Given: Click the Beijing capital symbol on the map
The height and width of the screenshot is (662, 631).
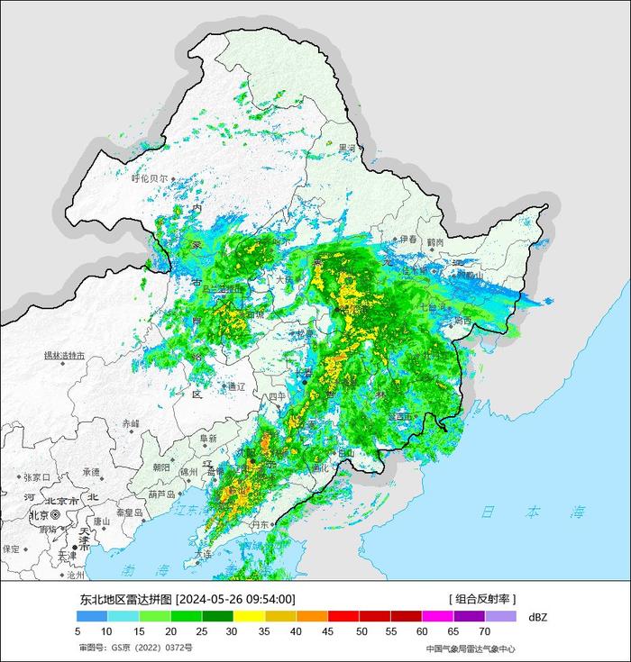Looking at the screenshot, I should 56,515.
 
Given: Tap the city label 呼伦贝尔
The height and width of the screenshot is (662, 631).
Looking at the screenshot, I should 150,178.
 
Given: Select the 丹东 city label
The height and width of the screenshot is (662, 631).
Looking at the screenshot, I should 261,524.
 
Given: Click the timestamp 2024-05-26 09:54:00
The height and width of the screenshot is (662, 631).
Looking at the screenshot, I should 235,599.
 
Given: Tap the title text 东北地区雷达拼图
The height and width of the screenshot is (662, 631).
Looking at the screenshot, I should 125,599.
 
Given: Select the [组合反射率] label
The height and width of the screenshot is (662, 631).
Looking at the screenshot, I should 482,599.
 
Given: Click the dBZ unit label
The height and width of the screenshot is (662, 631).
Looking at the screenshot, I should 537,617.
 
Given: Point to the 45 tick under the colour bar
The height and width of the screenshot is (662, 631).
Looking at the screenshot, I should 330,632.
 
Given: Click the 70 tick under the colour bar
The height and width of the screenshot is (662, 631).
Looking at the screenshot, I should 484,632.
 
